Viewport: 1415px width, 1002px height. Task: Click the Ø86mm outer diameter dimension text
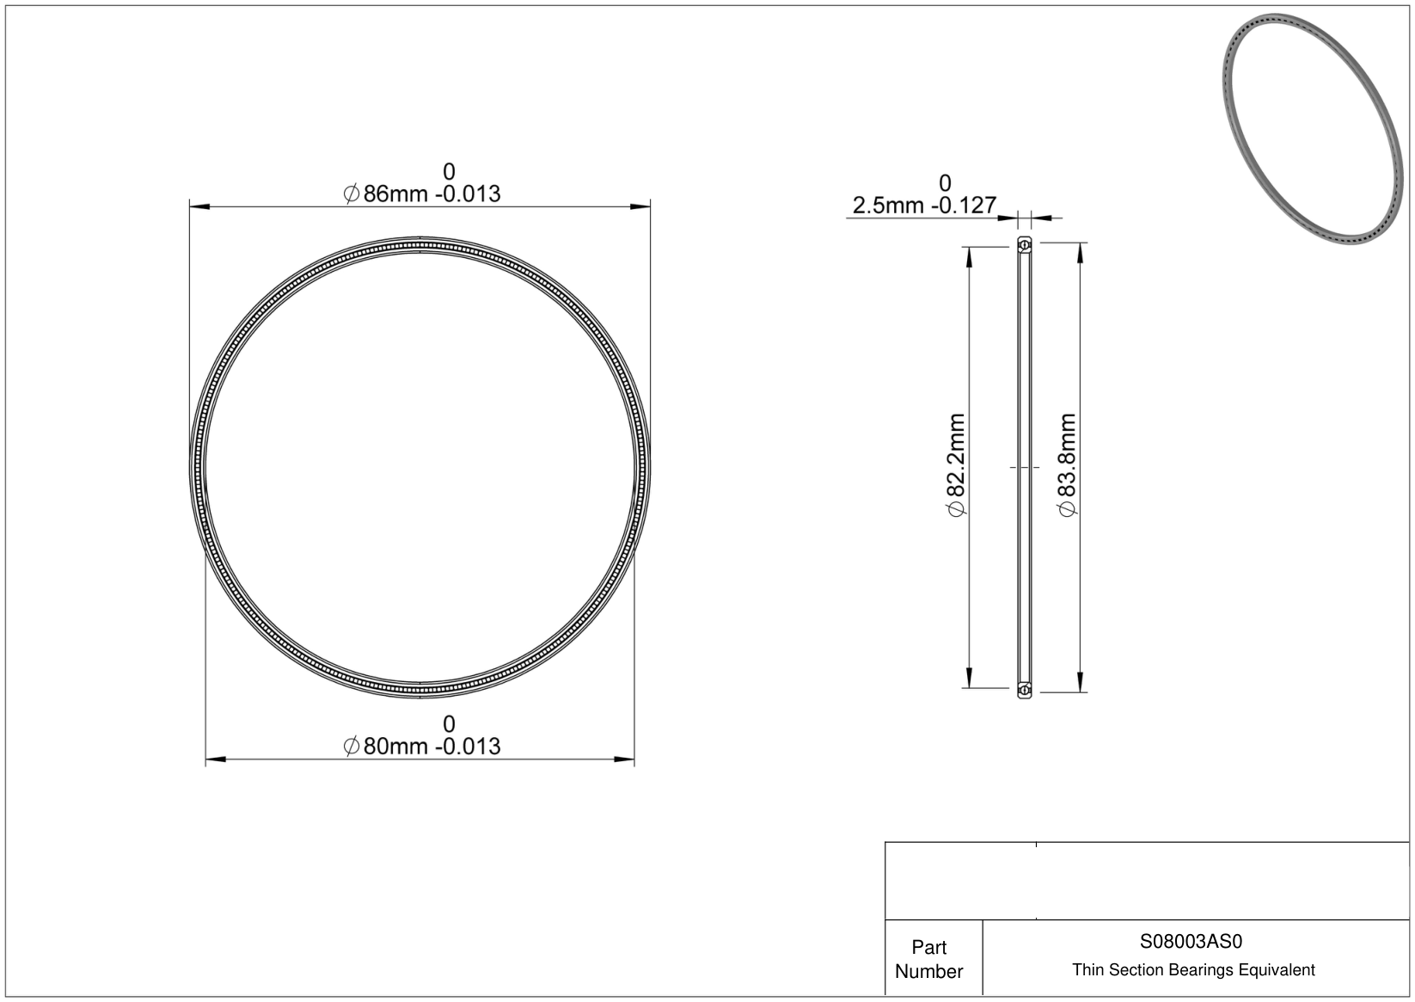pyautogui.click(x=421, y=194)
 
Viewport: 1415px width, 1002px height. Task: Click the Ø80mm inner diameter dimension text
pyautogui.click(x=421, y=746)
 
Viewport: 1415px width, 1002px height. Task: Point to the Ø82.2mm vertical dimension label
pyautogui.click(x=956, y=464)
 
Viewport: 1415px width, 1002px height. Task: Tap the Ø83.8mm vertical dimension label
pyautogui.click(x=1066, y=464)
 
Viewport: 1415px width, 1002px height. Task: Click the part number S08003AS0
pyautogui.click(x=1191, y=941)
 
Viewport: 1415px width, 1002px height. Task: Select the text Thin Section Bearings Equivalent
pyautogui.click(x=1193, y=970)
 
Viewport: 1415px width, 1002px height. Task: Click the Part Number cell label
pyautogui.click(x=928, y=959)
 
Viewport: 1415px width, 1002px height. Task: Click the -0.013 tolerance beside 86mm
pyautogui.click(x=468, y=194)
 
